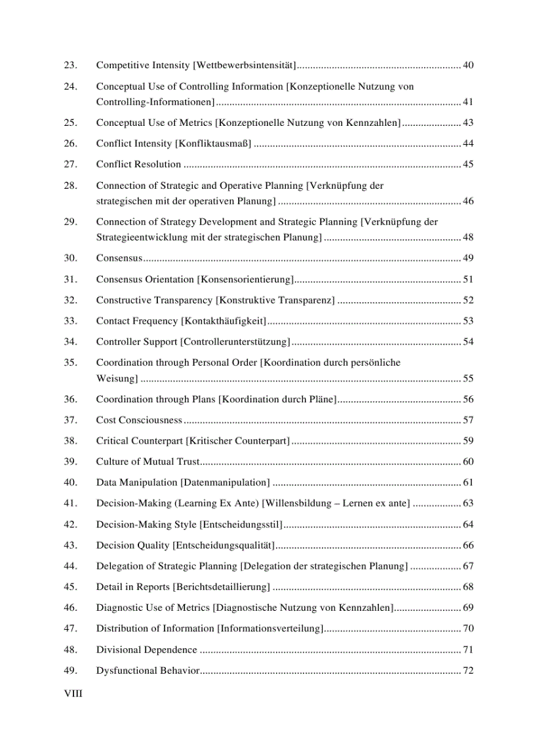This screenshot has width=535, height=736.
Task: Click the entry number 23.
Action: point(69,66)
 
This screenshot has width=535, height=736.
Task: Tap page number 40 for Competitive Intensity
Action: point(468,66)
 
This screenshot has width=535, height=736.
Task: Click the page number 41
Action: point(468,102)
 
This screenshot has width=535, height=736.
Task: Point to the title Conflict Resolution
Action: point(138,165)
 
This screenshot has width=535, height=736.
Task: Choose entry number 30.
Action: point(69,258)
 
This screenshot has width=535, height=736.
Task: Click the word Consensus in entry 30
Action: point(119,258)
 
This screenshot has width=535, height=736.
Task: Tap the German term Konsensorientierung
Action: point(245,280)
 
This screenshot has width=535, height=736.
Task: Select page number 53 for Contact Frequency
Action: point(468,321)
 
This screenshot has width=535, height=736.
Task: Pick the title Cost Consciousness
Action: point(139,420)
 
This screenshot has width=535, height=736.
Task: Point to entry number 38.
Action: point(69,441)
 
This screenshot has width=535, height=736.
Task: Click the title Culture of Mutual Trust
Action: point(148,462)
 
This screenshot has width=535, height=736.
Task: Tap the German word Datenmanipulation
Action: point(225,483)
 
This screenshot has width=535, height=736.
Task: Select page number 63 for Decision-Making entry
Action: point(468,504)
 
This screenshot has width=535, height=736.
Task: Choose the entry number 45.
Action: point(69,587)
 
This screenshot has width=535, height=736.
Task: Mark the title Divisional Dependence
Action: point(146,650)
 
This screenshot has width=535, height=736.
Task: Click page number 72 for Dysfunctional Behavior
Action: point(468,671)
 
